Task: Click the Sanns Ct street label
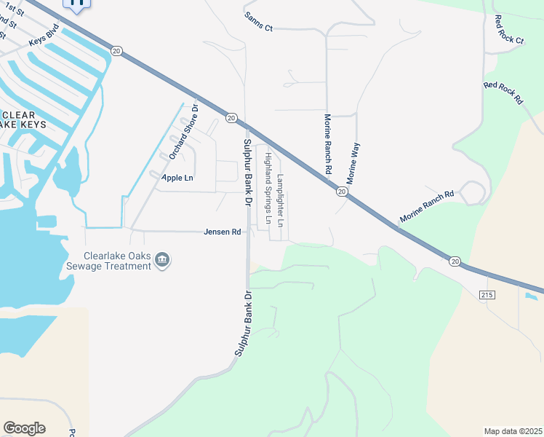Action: pyautogui.click(x=258, y=26)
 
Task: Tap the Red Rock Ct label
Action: pyautogui.click(x=508, y=30)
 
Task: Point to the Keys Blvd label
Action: pyautogui.click(x=43, y=42)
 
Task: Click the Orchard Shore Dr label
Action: pyautogui.click(x=184, y=132)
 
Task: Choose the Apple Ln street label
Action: pyautogui.click(x=177, y=178)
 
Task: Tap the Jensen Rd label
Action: pyautogui.click(x=222, y=232)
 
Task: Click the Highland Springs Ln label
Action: pyautogui.click(x=268, y=188)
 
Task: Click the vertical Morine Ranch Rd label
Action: pyautogui.click(x=328, y=143)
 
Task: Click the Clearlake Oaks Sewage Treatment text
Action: pyautogui.click(x=117, y=261)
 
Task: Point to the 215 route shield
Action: pyautogui.click(x=487, y=294)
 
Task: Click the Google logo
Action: pyautogui.click(x=24, y=428)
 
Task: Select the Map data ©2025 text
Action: pyautogui.click(x=513, y=431)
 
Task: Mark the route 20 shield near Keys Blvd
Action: pyautogui.click(x=117, y=50)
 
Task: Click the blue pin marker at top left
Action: pyautogui.click(x=77, y=4)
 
